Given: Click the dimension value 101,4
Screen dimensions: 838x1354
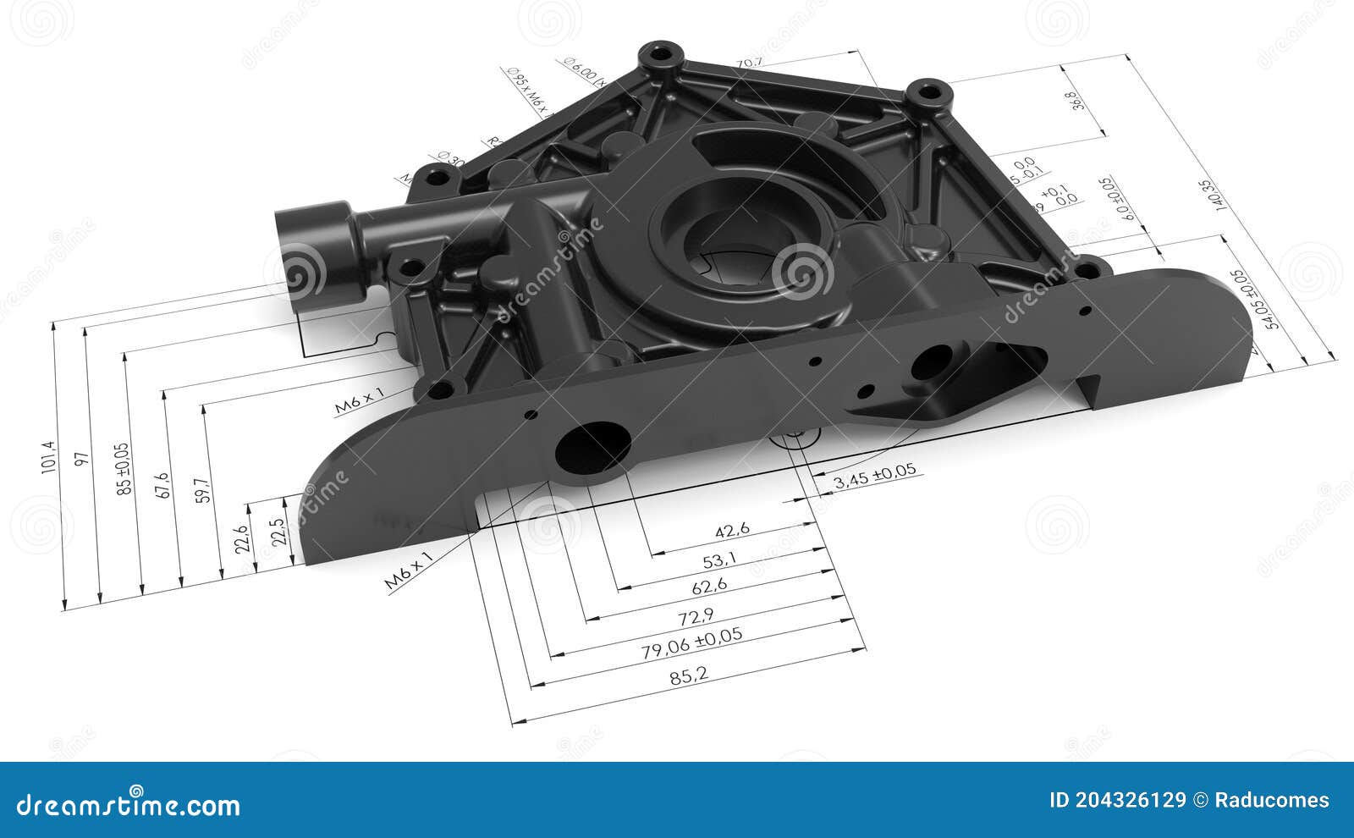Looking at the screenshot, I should point(48,458).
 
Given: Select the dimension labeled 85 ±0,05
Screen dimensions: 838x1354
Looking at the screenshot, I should point(124,468).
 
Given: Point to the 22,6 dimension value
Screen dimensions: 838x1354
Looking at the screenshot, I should point(242,540).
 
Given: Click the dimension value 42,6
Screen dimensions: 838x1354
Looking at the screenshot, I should point(732,531).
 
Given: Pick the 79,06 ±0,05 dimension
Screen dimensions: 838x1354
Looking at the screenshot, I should point(691,642).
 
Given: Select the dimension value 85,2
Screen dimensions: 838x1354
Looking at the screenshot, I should point(688,675).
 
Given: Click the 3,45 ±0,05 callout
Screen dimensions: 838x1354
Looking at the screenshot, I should point(874,476).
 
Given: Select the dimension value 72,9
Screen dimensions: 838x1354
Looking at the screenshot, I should point(690,615).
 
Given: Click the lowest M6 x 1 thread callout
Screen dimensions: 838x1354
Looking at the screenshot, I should point(409,569).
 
